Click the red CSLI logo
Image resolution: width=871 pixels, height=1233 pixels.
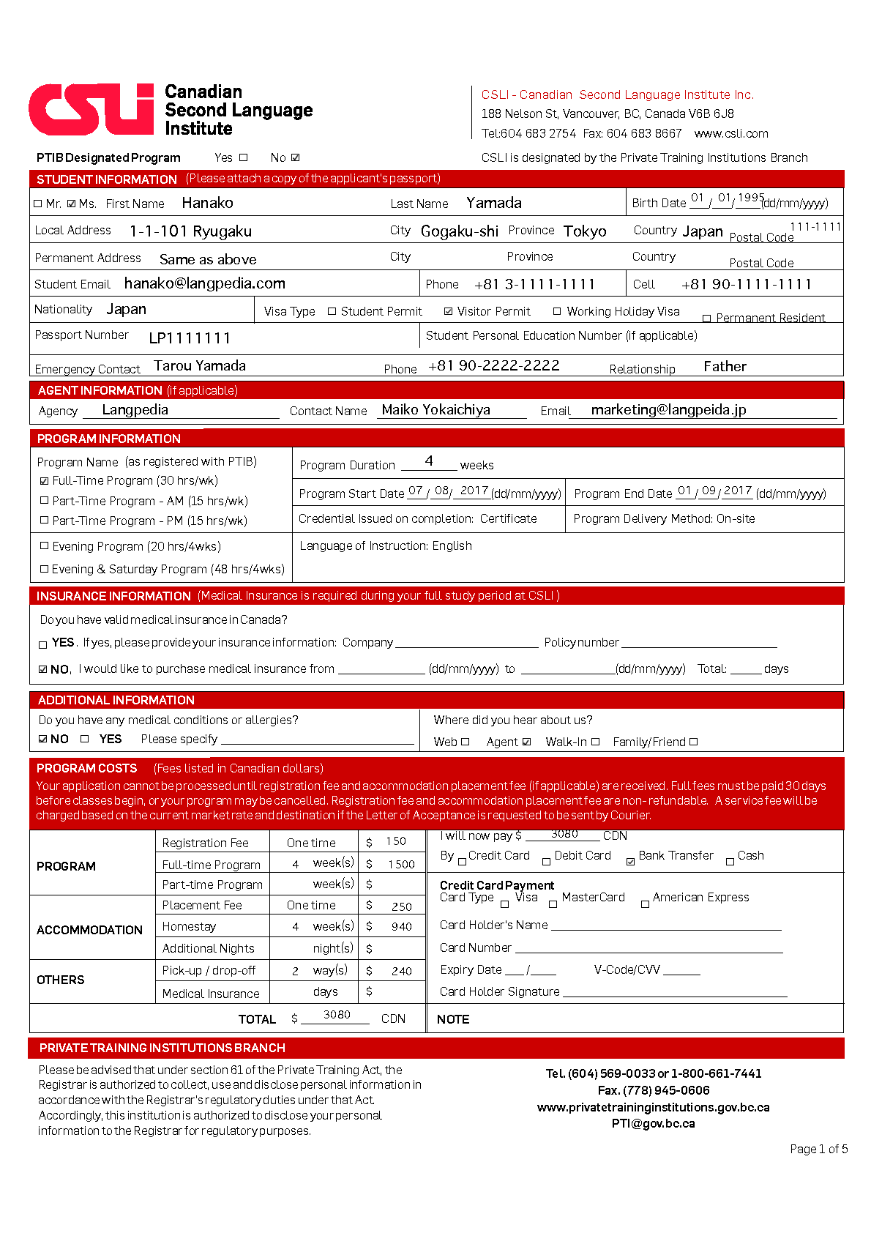91,110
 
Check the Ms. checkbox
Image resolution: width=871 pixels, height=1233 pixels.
71,204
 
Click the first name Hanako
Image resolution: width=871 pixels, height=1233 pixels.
207,203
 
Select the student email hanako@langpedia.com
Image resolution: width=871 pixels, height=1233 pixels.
204,283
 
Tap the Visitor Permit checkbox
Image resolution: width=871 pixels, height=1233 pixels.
448,311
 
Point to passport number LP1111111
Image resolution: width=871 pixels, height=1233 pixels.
190,338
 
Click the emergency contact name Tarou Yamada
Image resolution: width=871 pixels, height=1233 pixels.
199,365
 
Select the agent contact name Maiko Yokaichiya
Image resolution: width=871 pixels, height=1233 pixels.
435,410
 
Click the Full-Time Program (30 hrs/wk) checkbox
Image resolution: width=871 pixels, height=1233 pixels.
44,481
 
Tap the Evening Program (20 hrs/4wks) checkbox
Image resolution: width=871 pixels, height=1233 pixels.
44,546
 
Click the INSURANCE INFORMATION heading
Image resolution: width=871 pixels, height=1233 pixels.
113,596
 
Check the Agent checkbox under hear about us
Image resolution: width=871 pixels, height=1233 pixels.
526,742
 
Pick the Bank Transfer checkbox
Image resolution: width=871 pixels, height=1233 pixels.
630,862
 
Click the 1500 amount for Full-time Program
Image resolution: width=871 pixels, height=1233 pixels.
401,865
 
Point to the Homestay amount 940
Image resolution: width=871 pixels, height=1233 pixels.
402,927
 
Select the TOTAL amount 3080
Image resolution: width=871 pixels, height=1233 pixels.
337,1015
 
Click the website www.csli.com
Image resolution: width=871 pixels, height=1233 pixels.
730,133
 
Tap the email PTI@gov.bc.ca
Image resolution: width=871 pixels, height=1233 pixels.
653,1123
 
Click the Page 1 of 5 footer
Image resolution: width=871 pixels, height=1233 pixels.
818,1149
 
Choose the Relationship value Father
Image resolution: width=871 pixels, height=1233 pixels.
725,366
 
